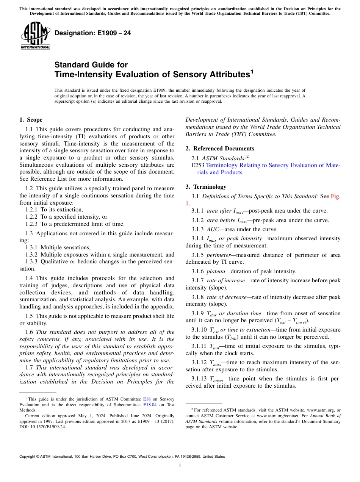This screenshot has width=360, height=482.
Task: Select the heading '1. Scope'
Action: coord(31,120)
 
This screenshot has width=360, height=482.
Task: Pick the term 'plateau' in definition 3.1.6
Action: coord(216,271)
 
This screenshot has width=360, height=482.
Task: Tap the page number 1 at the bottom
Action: coord(180,465)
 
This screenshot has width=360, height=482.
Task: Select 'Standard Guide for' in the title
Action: coord(91,65)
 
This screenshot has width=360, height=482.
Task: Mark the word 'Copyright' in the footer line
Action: coord(29,457)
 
